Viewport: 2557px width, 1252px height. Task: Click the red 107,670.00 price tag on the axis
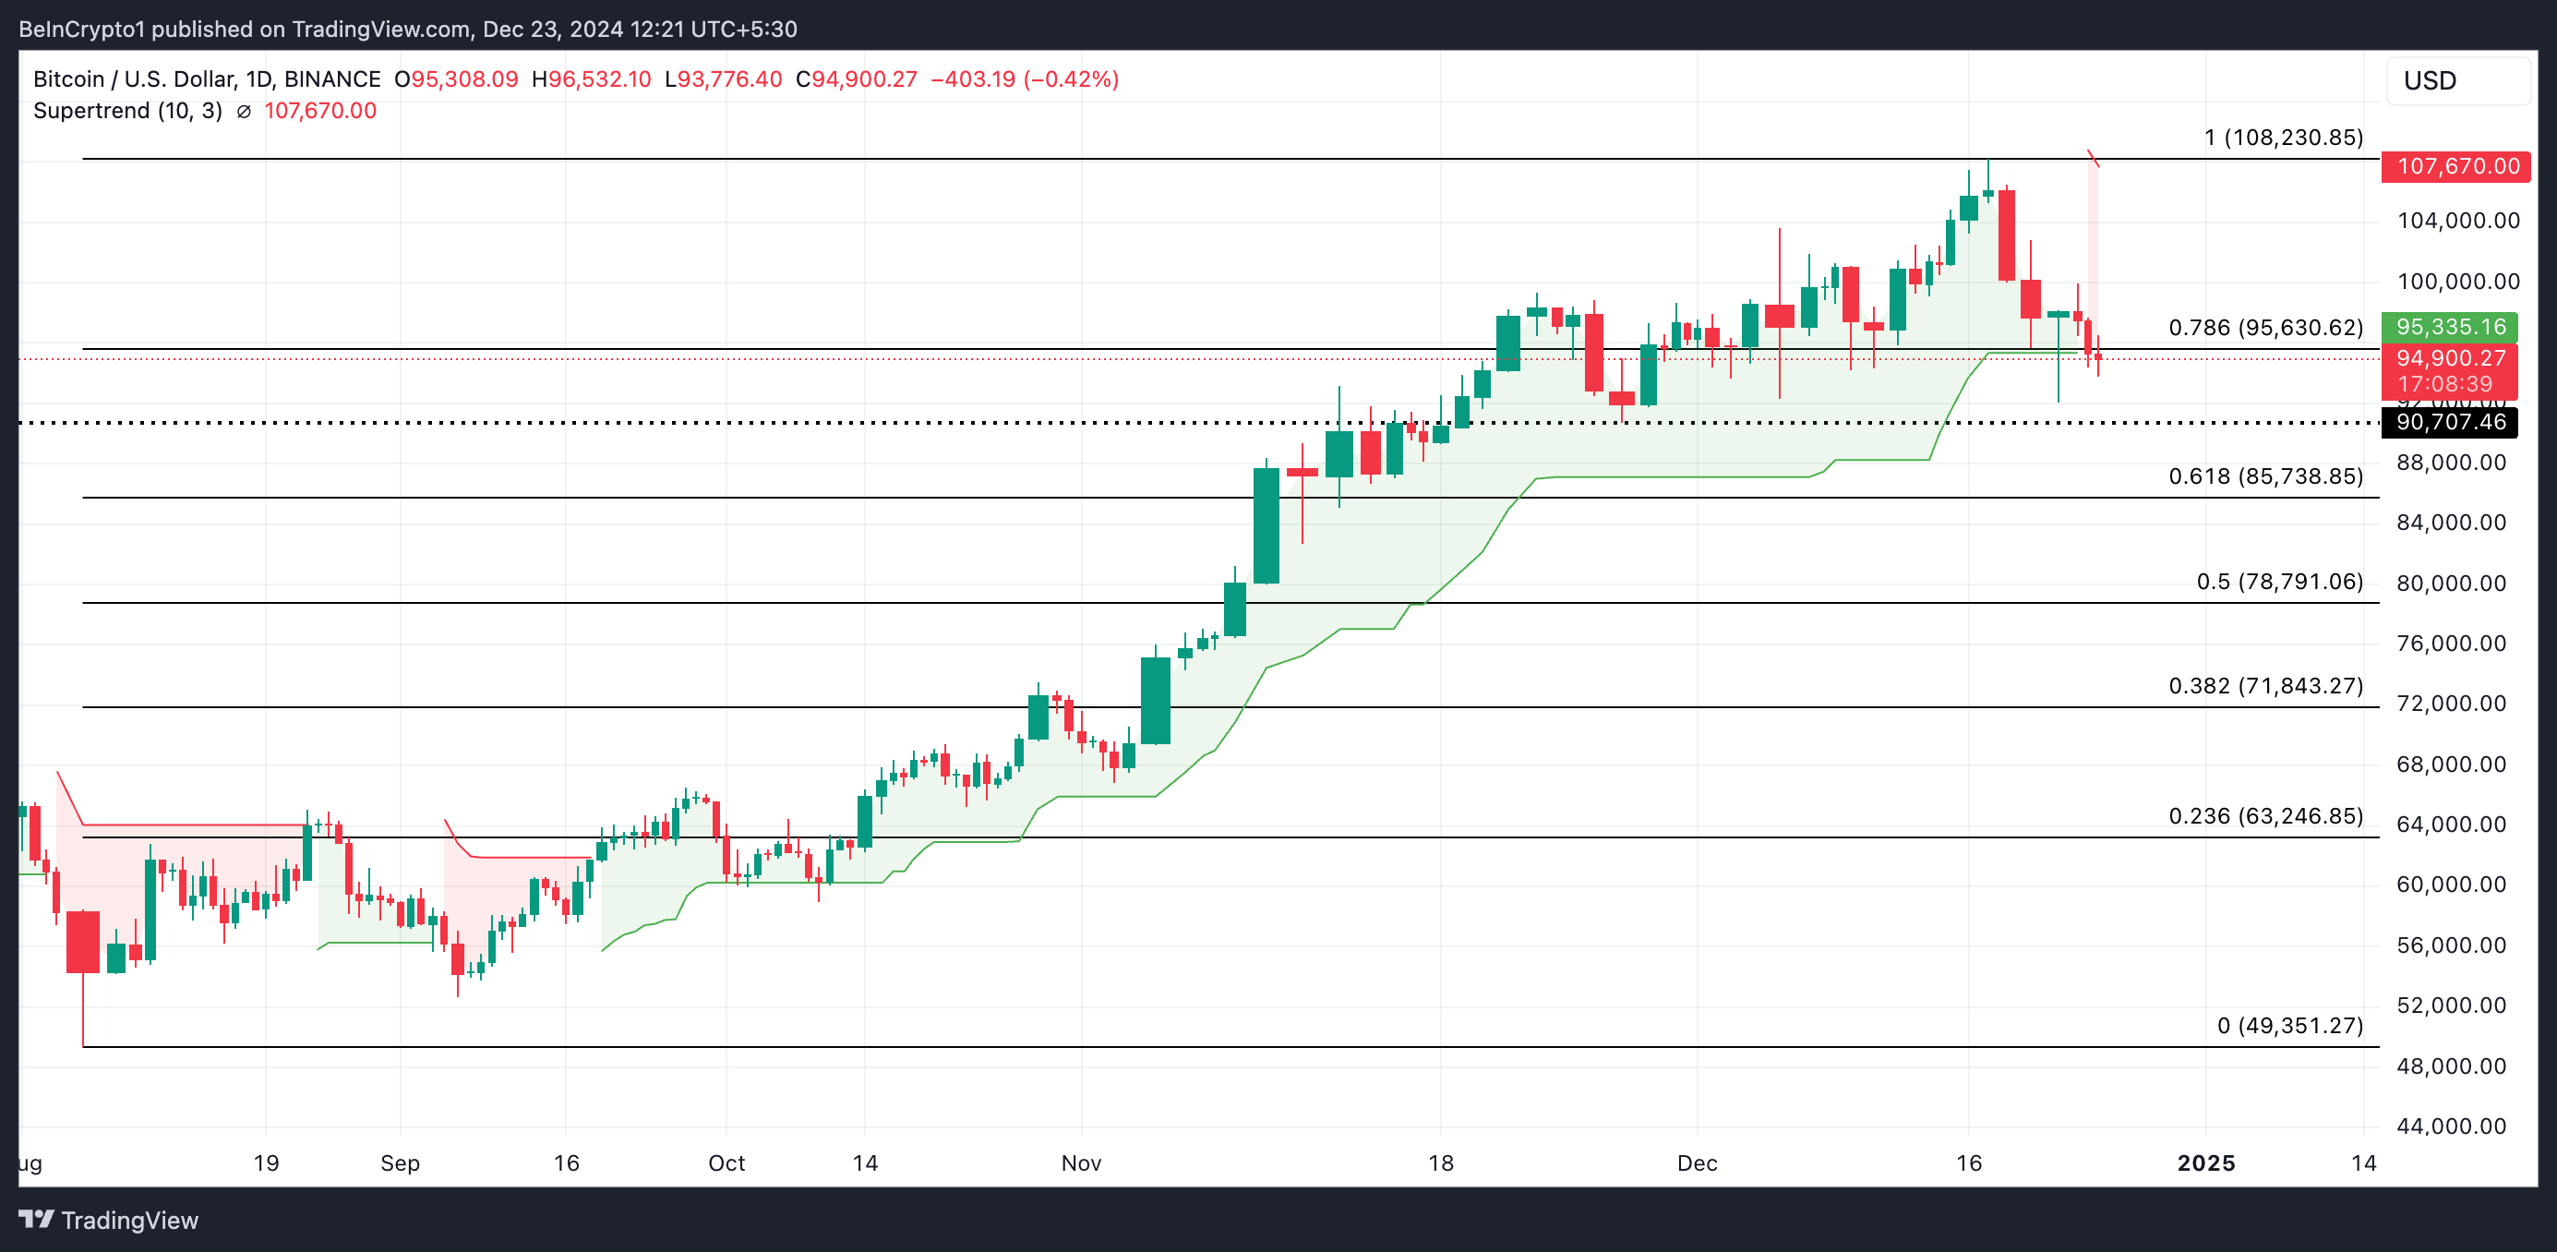tap(2456, 166)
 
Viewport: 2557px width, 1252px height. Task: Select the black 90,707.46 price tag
tap(2450, 422)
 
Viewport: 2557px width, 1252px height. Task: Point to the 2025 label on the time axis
tap(2205, 1162)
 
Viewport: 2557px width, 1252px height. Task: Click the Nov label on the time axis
tap(1081, 1162)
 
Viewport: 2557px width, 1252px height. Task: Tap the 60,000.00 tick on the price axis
tap(2451, 885)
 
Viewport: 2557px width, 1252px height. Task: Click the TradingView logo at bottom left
tap(109, 1221)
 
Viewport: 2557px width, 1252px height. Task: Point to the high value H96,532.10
tap(592, 79)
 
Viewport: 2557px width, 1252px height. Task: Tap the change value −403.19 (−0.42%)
tap(1025, 79)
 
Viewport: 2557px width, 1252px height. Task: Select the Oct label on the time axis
tap(726, 1162)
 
